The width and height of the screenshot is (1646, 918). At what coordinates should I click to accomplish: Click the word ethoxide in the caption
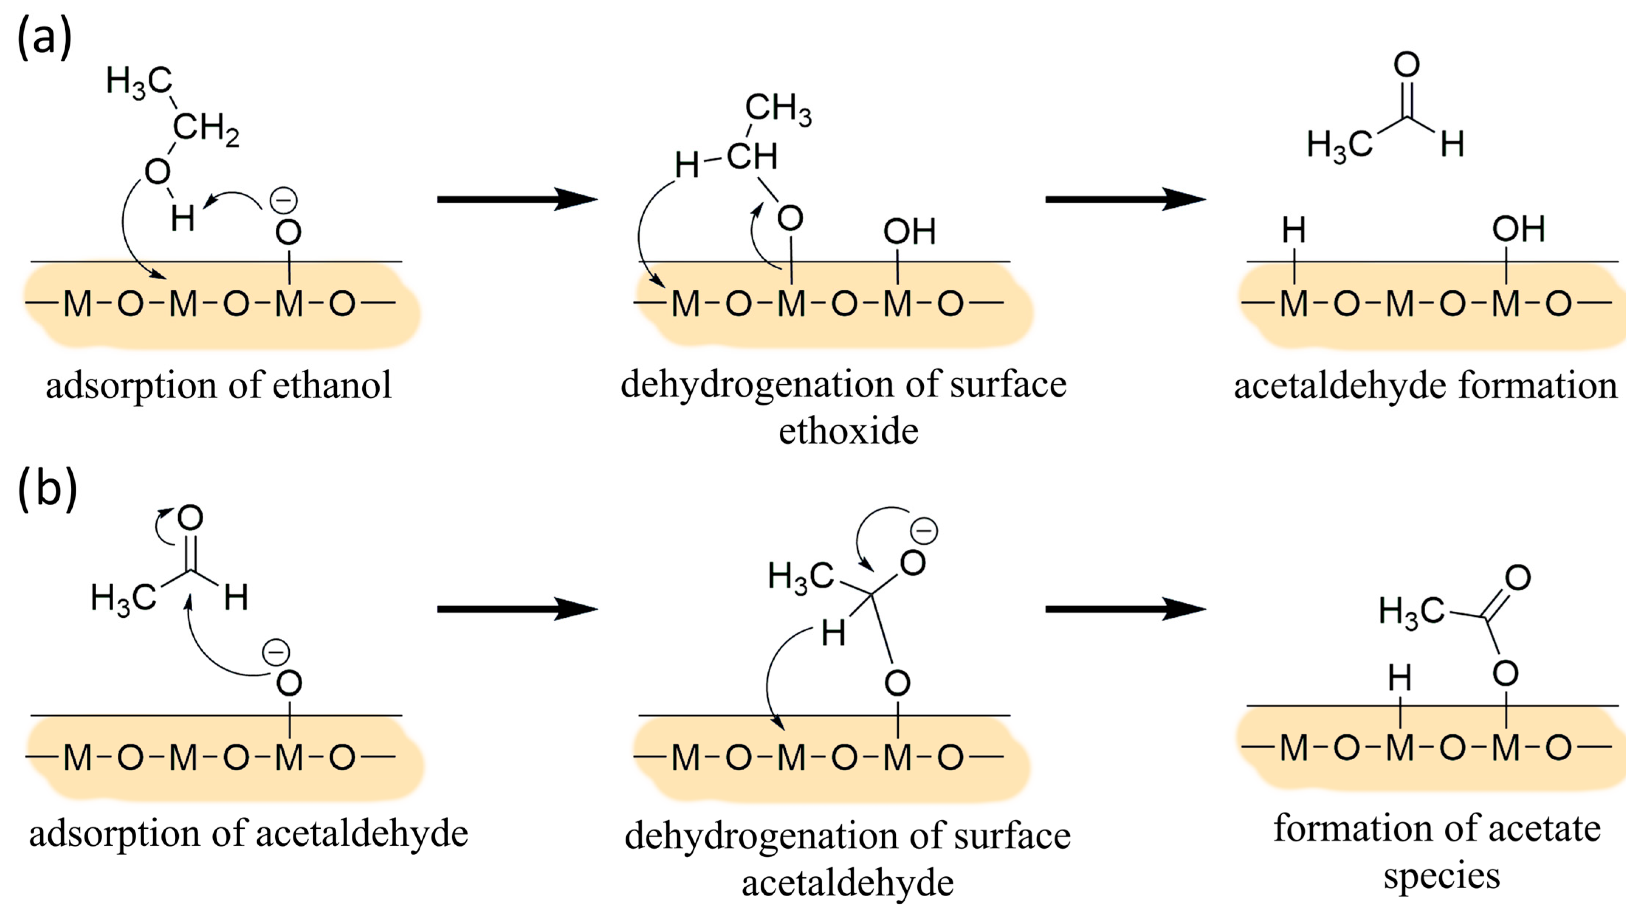pos(848,432)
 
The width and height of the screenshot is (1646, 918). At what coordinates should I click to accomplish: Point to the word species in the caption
pos(1442,876)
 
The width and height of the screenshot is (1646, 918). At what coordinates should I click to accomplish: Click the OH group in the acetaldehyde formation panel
pos(1518,229)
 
